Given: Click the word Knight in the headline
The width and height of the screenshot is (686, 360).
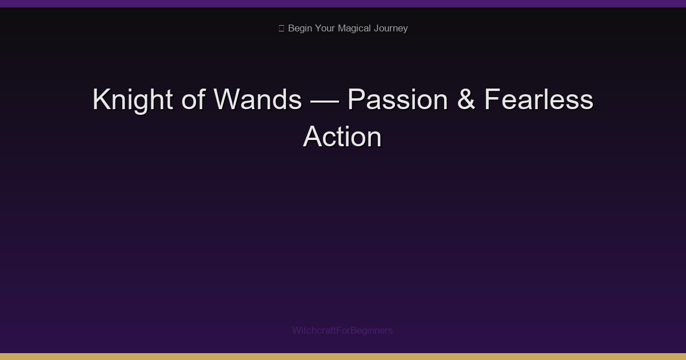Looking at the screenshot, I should click(x=133, y=100).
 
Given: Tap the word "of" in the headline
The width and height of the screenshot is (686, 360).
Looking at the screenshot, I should click(x=193, y=100).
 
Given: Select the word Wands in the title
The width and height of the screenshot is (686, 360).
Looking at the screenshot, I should click(x=257, y=100).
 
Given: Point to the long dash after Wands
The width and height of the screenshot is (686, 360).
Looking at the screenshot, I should click(x=324, y=101).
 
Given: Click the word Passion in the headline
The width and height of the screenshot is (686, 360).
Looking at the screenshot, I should click(x=397, y=100).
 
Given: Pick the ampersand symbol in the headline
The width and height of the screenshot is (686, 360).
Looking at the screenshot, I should click(x=466, y=100).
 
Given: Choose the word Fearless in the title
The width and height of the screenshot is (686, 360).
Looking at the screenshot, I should click(x=539, y=100).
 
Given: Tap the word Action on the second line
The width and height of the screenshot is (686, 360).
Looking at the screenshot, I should click(x=342, y=137).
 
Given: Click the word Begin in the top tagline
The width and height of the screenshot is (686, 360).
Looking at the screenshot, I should click(x=300, y=29).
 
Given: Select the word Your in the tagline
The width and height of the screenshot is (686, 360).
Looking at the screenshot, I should click(x=325, y=29).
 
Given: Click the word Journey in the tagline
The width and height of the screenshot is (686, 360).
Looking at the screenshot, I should click(x=391, y=29).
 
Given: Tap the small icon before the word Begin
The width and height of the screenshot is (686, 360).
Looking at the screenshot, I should click(x=281, y=29).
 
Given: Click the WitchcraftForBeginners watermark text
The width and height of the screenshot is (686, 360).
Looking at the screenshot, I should click(x=342, y=330).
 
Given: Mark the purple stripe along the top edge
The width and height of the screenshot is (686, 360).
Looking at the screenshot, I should click(x=343, y=3).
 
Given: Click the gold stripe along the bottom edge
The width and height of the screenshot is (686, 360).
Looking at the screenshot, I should click(x=343, y=357).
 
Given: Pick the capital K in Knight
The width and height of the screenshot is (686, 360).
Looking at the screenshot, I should click(x=101, y=100).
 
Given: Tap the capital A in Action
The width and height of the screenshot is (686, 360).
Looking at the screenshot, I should click(x=312, y=137).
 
